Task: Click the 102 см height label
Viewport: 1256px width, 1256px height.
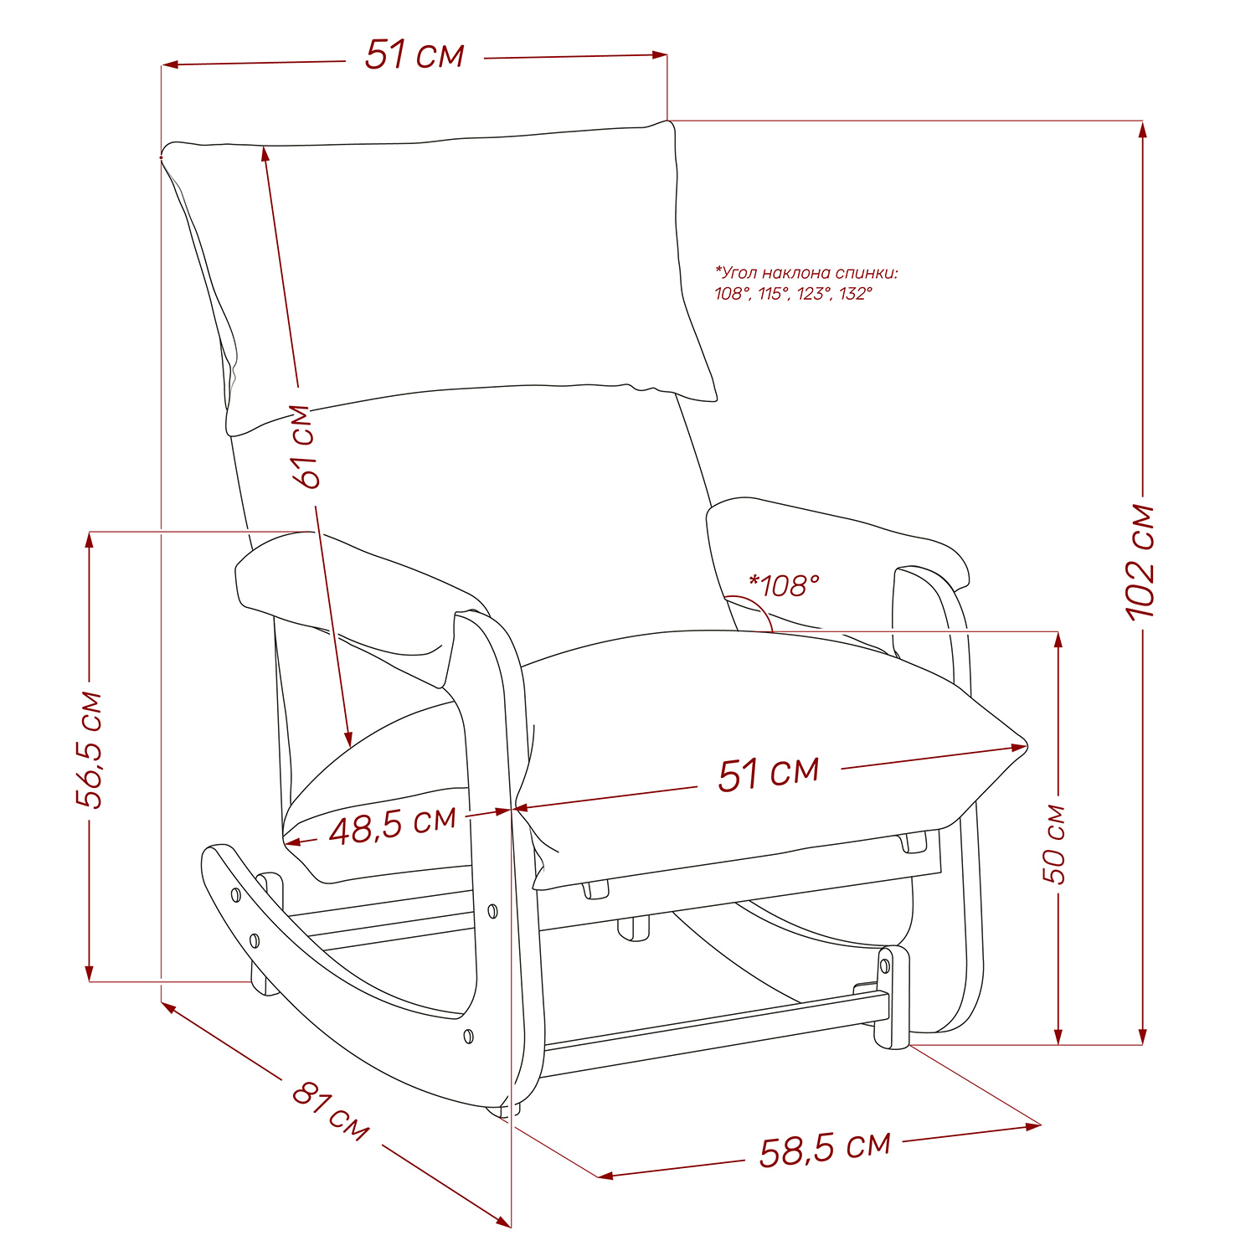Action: pyautogui.click(x=1142, y=561)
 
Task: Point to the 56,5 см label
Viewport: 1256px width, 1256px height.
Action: pyautogui.click(x=90, y=750)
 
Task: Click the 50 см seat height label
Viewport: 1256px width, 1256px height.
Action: pyautogui.click(x=1056, y=844)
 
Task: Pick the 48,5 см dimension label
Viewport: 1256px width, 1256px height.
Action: pyautogui.click(x=393, y=826)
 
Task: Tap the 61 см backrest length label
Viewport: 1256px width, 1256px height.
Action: pyautogui.click(x=305, y=446)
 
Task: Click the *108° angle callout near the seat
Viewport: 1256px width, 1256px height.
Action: pyautogui.click(x=784, y=585)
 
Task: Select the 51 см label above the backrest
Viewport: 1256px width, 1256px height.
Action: pyautogui.click(x=414, y=55)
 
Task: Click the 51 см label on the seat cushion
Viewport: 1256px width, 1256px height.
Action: pyautogui.click(x=769, y=773)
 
